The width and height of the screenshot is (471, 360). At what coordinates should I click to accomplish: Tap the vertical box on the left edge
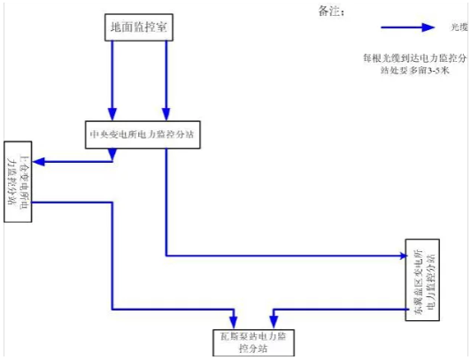point(19,180)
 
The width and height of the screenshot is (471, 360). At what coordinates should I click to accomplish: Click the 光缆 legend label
point(456,27)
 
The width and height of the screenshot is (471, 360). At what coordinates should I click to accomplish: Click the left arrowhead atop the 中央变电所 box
point(112,114)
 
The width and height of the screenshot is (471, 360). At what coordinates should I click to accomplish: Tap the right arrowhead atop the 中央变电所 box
point(165,114)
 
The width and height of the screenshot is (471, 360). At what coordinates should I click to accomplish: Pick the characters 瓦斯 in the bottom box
point(228,336)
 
